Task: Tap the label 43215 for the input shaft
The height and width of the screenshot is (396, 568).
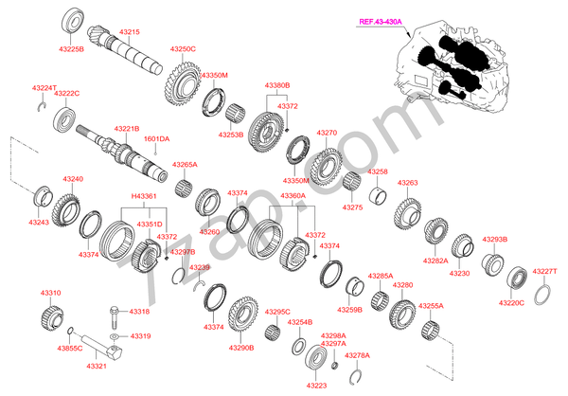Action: pos(130,32)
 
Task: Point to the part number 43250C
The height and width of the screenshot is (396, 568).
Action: pos(183,48)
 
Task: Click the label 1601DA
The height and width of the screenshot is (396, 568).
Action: pos(156,139)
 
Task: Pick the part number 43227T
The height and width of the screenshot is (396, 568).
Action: pos(543,272)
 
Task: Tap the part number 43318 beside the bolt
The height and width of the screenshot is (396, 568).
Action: pos(139,311)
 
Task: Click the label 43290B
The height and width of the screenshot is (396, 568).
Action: pos(240,348)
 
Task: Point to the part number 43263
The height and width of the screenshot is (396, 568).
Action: pos(407,183)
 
